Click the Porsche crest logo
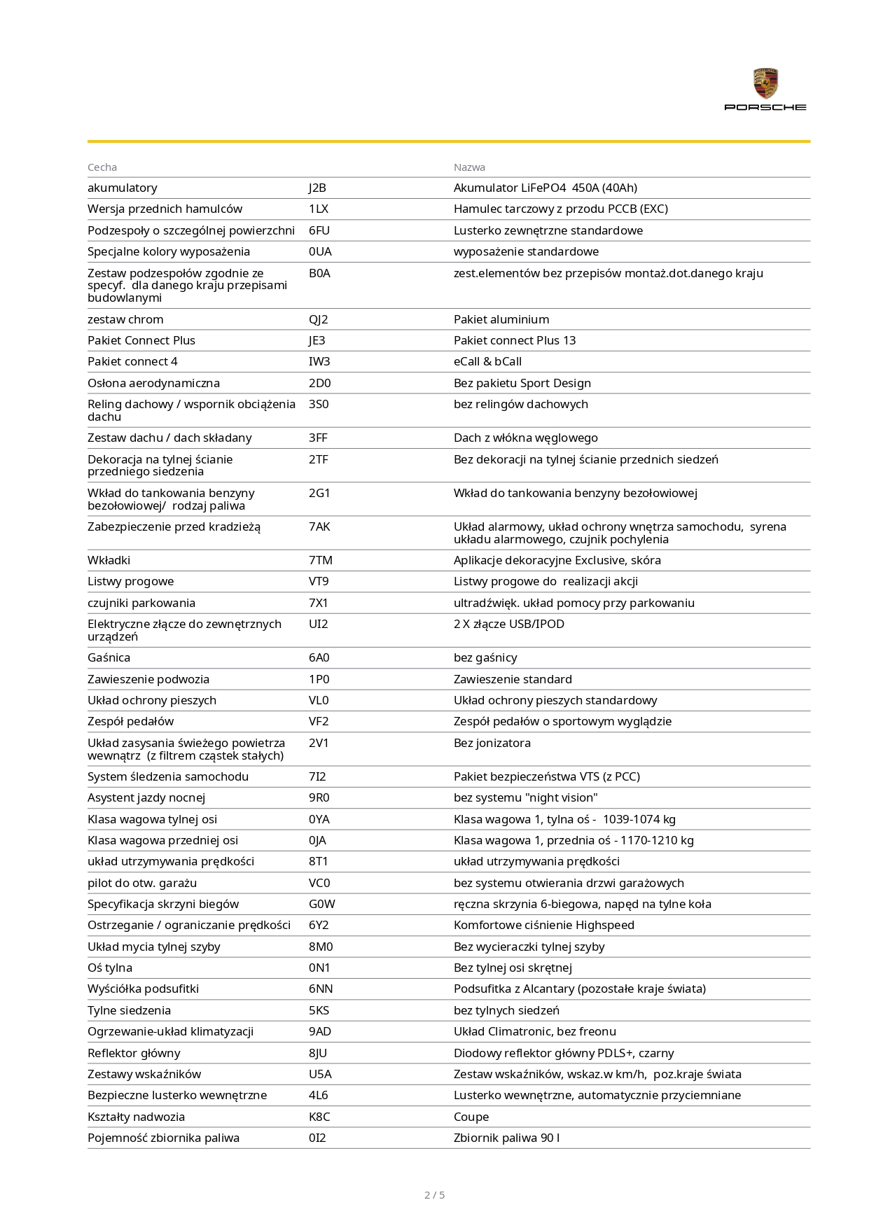765,83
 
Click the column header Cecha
102,167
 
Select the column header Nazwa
469,167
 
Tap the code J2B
317,188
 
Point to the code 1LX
318,209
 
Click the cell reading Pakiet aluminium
501,319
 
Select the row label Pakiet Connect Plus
141,340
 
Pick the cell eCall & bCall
487,361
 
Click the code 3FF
318,438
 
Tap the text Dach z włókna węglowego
525,438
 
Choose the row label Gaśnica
109,657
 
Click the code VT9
318,581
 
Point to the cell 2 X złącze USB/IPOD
508,624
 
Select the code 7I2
317,776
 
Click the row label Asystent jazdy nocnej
146,797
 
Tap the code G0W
321,904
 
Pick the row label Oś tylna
110,968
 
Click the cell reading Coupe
471,1117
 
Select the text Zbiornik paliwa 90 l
506,1138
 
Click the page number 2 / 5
434,1195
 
